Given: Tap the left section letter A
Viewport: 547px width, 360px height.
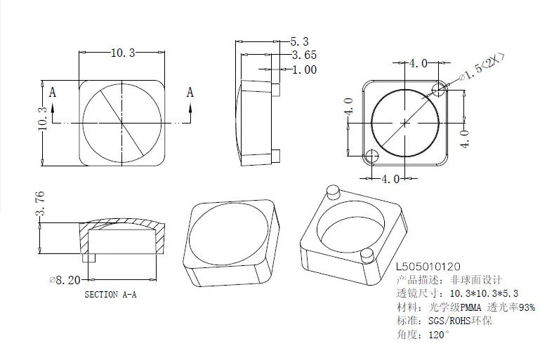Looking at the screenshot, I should point(52,93).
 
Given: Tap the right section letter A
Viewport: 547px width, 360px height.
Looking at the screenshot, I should point(190,93).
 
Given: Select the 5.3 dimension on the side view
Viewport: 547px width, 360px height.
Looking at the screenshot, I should point(299,42).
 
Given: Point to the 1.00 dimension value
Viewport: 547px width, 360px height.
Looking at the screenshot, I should point(303,69).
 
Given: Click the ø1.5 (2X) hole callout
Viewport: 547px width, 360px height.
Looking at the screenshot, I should point(482,69).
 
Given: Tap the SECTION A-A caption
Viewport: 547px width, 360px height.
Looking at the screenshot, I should point(110,295).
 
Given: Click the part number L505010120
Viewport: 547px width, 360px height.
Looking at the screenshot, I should point(428,267).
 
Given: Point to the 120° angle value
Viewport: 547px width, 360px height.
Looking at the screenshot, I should point(440,334).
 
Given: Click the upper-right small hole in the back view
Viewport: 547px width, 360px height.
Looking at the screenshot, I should point(440,89).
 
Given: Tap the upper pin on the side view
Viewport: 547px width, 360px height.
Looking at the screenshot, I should point(276,90).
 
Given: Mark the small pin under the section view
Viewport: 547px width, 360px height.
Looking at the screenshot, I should point(88,258).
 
